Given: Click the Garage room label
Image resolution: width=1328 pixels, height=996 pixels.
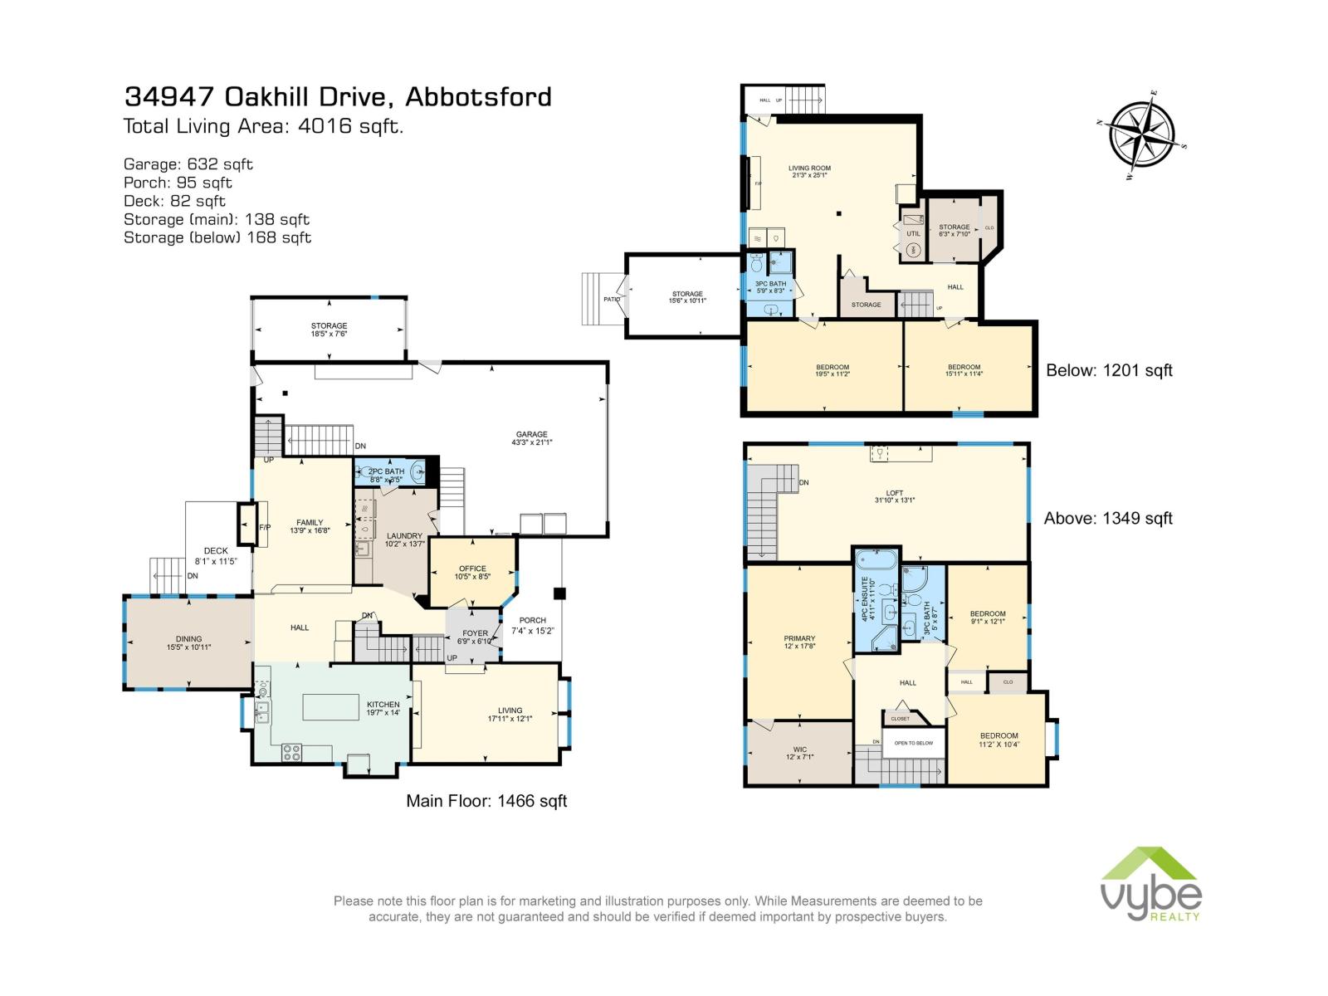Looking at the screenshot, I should (532, 438).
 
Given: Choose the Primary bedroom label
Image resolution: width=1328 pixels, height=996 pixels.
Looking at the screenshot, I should (799, 642).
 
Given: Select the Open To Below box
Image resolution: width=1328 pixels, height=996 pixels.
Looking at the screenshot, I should (913, 743).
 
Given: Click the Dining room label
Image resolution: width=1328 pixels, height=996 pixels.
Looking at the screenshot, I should (188, 642).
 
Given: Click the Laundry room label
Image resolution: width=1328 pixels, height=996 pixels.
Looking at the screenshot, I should (404, 539).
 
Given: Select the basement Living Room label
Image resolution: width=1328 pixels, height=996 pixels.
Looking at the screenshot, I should (809, 172).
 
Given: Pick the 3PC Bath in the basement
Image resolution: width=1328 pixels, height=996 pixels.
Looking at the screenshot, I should (770, 287).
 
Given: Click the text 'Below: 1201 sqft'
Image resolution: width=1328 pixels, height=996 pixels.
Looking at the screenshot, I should (1109, 371).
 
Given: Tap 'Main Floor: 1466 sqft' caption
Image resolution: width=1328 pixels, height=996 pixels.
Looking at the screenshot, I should (486, 801).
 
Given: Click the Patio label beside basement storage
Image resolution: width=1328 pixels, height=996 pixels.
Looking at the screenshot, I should (612, 300).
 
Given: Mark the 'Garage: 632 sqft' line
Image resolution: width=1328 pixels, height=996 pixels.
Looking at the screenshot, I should (188, 164).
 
